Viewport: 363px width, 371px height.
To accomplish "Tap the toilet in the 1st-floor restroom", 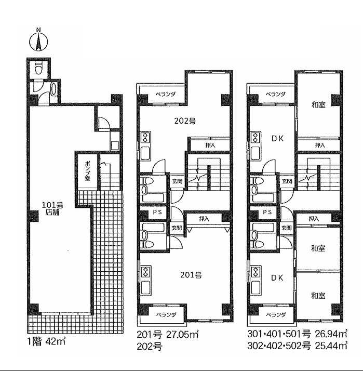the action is click(x=38, y=68).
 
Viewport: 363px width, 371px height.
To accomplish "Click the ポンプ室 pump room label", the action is click(x=87, y=171).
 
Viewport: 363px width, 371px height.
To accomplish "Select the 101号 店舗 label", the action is click(x=52, y=208).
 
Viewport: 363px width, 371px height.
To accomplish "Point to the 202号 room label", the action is click(x=185, y=121).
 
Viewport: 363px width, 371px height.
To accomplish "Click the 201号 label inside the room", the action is click(x=191, y=275).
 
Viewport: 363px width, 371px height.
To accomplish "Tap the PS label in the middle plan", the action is click(x=157, y=212).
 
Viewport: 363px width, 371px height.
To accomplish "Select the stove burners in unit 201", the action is click(x=145, y=272).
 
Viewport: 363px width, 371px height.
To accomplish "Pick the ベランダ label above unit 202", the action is click(x=166, y=94).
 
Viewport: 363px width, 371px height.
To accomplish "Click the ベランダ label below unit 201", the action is click(x=166, y=315).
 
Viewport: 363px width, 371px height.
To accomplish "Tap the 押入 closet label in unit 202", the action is click(x=210, y=145).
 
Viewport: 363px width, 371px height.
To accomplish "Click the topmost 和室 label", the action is click(x=318, y=105).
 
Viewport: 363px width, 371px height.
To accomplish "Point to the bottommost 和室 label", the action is click(x=318, y=296).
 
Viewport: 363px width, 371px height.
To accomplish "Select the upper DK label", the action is click(x=277, y=139).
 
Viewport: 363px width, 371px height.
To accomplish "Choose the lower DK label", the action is click(x=277, y=278).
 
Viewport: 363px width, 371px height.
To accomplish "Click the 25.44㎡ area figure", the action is click(x=331, y=346).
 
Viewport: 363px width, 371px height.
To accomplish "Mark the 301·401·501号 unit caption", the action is click(x=279, y=334).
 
